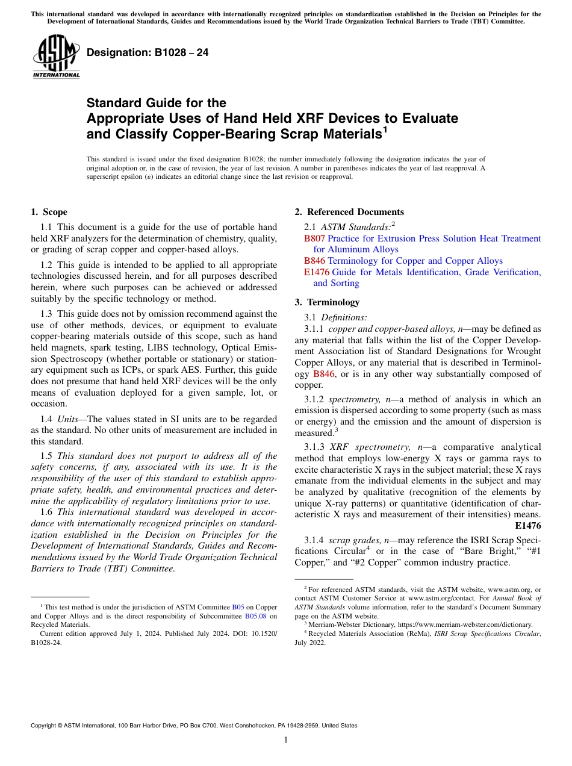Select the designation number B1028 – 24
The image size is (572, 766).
point(148,52)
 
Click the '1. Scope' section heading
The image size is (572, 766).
point(49,212)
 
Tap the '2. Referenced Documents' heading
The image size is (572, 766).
point(349,212)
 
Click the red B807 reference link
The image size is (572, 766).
point(314,238)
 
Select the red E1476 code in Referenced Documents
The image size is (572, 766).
point(316,272)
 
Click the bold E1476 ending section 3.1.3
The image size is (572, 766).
point(527,525)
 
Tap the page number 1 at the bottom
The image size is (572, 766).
point(286,740)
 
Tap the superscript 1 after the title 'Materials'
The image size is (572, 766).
point(385,129)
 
